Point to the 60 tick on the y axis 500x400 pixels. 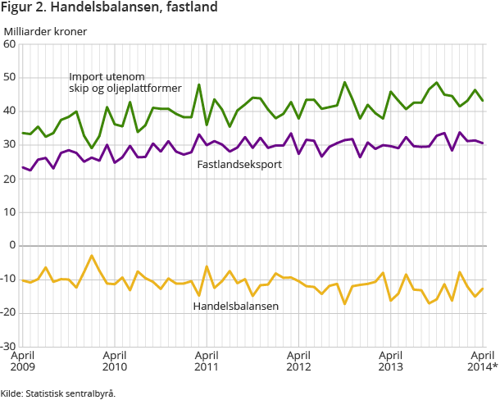click(11, 44)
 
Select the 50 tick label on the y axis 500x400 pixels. click(11, 78)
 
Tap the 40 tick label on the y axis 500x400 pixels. click(11, 111)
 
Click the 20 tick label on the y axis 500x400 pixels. click(11, 179)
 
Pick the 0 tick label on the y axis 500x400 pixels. click(13, 245)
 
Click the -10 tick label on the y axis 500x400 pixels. click(9, 279)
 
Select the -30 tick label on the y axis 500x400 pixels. click(9, 346)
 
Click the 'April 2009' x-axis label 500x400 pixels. click(22, 361)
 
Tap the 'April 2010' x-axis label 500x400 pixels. click(114, 361)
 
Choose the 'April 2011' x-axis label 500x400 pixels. click(206, 361)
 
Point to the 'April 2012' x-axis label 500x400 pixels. click(298, 361)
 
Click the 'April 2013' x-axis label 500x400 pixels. click(390, 361)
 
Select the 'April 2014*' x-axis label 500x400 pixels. click(481, 361)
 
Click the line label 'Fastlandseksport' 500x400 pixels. click(239, 164)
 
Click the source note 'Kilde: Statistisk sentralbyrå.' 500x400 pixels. click(58, 393)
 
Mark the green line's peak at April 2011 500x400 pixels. click(199, 84)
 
